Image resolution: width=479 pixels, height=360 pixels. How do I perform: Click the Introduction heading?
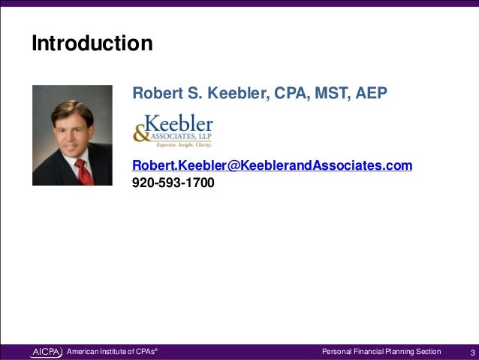pos(92,44)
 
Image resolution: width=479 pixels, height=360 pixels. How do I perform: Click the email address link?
pos(272,165)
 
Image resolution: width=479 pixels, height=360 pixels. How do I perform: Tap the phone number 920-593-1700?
pos(173,182)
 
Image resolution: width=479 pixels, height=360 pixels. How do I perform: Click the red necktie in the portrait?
pos(83,172)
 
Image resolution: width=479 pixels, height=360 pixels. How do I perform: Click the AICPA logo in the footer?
pos(47,352)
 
